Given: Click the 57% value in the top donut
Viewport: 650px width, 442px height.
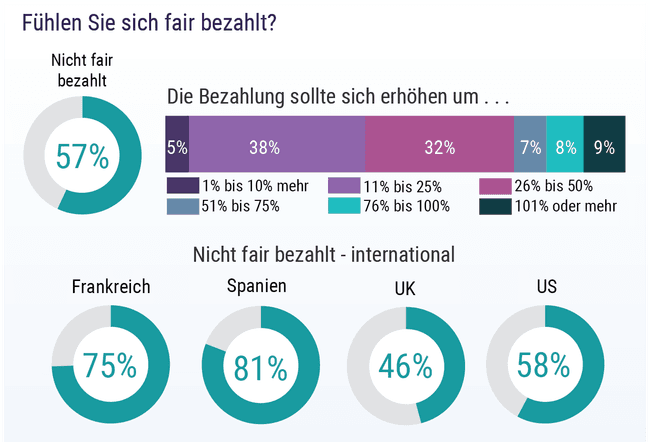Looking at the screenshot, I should (82, 157).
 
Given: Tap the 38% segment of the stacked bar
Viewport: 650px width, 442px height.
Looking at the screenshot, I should (264, 147).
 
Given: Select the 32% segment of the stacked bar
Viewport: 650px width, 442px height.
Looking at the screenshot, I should (439, 147).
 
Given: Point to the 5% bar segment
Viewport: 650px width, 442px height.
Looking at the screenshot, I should (177, 147).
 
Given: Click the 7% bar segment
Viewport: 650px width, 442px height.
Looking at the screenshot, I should (530, 147).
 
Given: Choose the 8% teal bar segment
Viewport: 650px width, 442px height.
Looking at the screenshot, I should (565, 147).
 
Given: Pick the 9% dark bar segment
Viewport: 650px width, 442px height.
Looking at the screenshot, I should (604, 147).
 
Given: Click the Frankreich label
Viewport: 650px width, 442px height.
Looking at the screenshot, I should (111, 287).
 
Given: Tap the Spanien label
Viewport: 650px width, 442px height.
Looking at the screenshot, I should (257, 286).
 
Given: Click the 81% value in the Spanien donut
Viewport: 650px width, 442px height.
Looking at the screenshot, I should (260, 367).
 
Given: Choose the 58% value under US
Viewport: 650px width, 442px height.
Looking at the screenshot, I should (545, 366).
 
